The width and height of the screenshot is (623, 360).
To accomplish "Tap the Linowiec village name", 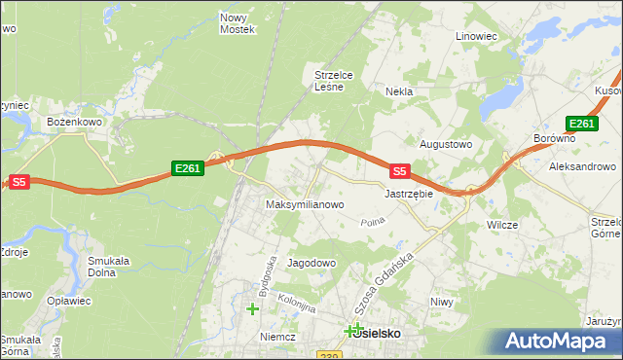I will tap(477, 36).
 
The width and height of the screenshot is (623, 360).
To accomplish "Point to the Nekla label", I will tap(399, 91).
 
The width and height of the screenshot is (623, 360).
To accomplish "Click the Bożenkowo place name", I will tap(75, 122).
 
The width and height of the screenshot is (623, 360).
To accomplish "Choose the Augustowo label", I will tap(445, 144).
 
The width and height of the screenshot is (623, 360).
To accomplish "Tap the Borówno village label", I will tap(555, 138).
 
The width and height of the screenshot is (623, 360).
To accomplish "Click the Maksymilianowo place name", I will tap(305, 204).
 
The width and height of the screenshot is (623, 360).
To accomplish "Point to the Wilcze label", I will tap(502, 224).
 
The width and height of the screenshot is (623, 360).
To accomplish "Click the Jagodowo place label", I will tap(311, 263).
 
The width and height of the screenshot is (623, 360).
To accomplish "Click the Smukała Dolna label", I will tap(109, 267).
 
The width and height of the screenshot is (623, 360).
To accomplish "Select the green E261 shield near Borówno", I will tap(581, 124).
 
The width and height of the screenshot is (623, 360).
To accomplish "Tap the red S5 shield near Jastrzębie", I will tap(398, 171).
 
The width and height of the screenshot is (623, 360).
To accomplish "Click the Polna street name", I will tap(373, 224).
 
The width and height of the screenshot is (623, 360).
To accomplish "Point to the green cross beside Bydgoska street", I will tap(253, 309).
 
